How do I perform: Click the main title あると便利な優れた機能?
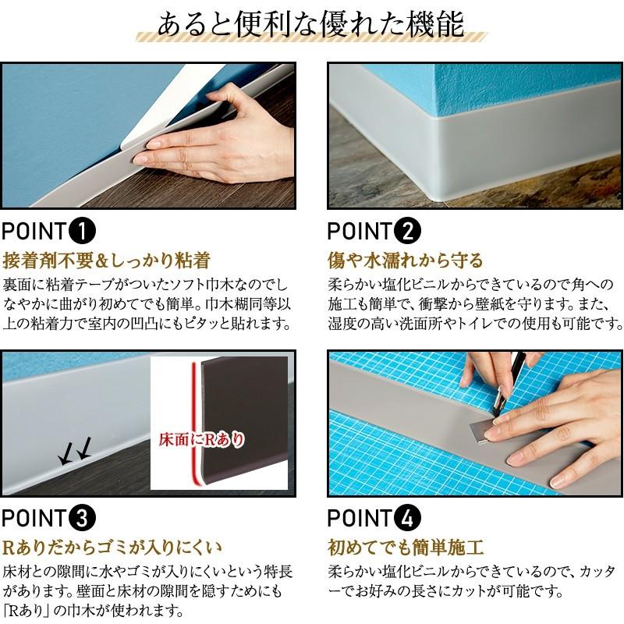[310, 24]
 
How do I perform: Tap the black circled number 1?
[83, 231]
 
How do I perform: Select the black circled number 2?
[407, 231]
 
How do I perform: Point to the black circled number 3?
[83, 518]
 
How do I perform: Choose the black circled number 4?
[407, 518]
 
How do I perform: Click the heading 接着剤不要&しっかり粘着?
[107, 261]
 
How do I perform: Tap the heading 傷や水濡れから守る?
[406, 261]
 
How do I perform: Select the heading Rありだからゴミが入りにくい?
[112, 548]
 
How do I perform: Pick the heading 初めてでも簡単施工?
[406, 548]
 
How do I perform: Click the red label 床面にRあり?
[201, 440]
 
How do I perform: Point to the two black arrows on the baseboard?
[76, 451]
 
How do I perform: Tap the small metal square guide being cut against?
[484, 431]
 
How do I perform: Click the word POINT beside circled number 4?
[360, 518]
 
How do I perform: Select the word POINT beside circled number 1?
[34, 231]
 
